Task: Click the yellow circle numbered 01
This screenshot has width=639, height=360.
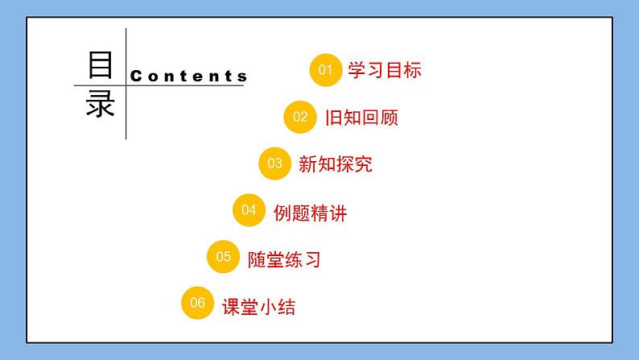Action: (x=326, y=70)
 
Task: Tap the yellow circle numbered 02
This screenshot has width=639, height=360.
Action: (x=300, y=117)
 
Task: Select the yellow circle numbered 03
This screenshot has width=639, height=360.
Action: (x=275, y=163)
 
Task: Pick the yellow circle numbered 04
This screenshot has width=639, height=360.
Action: (x=249, y=210)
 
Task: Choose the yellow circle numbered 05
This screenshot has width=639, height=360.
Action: (x=224, y=257)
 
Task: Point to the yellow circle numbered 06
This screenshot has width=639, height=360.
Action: (x=198, y=304)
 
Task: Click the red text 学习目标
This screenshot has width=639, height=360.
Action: (x=385, y=70)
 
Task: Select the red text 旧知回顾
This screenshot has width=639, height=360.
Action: (x=361, y=118)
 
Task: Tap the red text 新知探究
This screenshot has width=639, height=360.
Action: (x=335, y=165)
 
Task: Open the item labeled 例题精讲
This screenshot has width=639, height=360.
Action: (x=310, y=213)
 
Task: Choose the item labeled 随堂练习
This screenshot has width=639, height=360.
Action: (x=284, y=259)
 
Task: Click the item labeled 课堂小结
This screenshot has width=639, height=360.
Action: (x=258, y=307)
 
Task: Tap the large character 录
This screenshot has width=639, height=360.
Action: (x=101, y=106)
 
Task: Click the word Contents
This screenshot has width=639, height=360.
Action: (x=188, y=77)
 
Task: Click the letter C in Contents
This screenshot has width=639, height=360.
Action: (x=135, y=77)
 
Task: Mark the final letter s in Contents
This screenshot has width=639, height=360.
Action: (x=242, y=77)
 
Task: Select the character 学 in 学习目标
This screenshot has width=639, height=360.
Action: (x=357, y=70)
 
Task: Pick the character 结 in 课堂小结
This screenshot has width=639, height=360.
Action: (x=287, y=307)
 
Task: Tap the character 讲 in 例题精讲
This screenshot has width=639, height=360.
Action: (x=338, y=213)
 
